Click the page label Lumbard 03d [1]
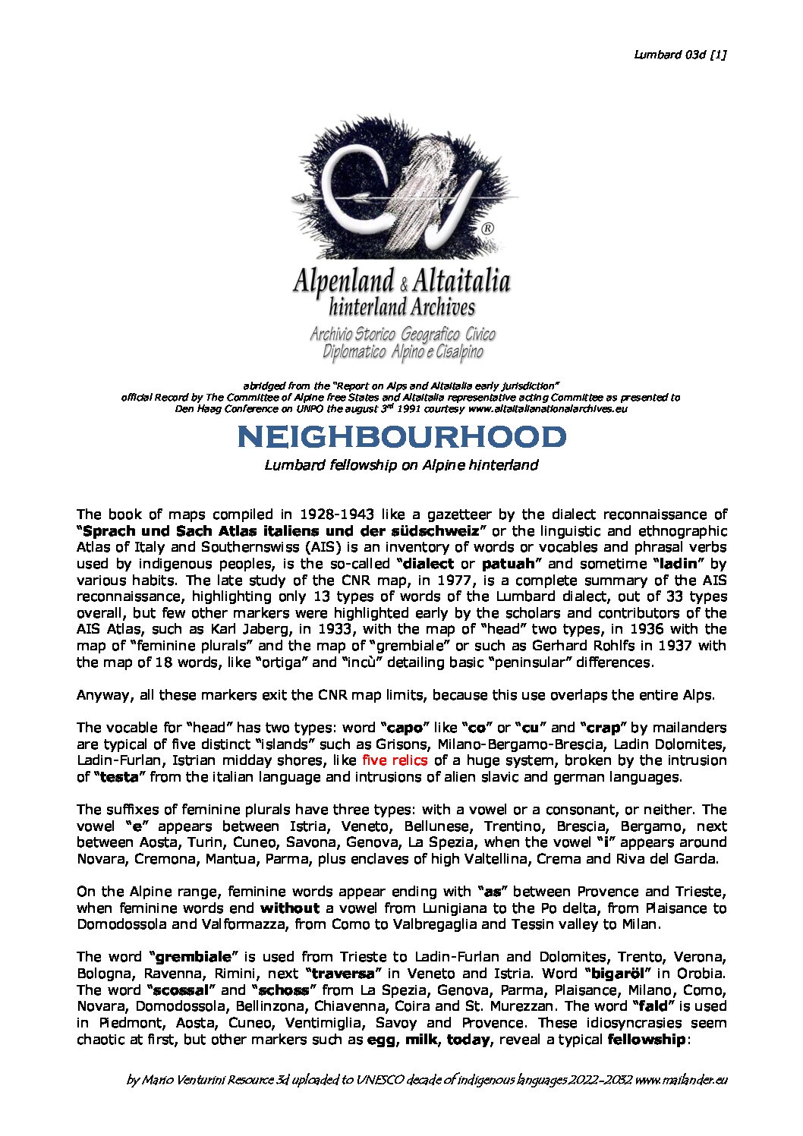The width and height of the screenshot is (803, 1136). (679, 54)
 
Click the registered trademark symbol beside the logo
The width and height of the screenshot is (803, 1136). (488, 227)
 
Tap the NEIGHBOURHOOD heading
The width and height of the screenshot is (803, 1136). (401, 437)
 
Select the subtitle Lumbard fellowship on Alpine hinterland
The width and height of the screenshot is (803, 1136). (401, 465)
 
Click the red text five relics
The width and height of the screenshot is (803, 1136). (395, 760)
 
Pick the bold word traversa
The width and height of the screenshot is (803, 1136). (343, 974)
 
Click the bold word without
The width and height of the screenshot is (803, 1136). (289, 908)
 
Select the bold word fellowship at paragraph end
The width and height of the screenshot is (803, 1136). (646, 1040)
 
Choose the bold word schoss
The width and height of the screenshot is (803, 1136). (284, 990)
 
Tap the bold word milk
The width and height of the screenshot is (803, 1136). (421, 1040)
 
